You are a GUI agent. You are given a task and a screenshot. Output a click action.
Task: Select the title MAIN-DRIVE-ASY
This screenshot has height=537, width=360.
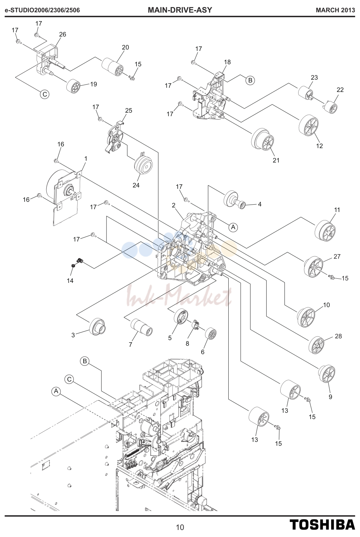point(180,10)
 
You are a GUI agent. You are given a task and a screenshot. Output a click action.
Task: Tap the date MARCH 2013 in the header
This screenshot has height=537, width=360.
point(335,10)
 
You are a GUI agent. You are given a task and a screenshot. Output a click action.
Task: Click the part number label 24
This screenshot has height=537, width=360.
point(136,185)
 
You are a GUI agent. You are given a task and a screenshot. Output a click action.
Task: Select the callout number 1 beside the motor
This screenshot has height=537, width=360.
point(86,159)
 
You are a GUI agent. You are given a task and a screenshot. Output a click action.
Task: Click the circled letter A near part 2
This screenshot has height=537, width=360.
point(233,227)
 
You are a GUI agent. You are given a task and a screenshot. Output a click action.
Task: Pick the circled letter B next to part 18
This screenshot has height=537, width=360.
point(250,80)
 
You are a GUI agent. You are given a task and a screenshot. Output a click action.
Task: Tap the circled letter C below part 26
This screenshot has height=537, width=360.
point(45,94)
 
